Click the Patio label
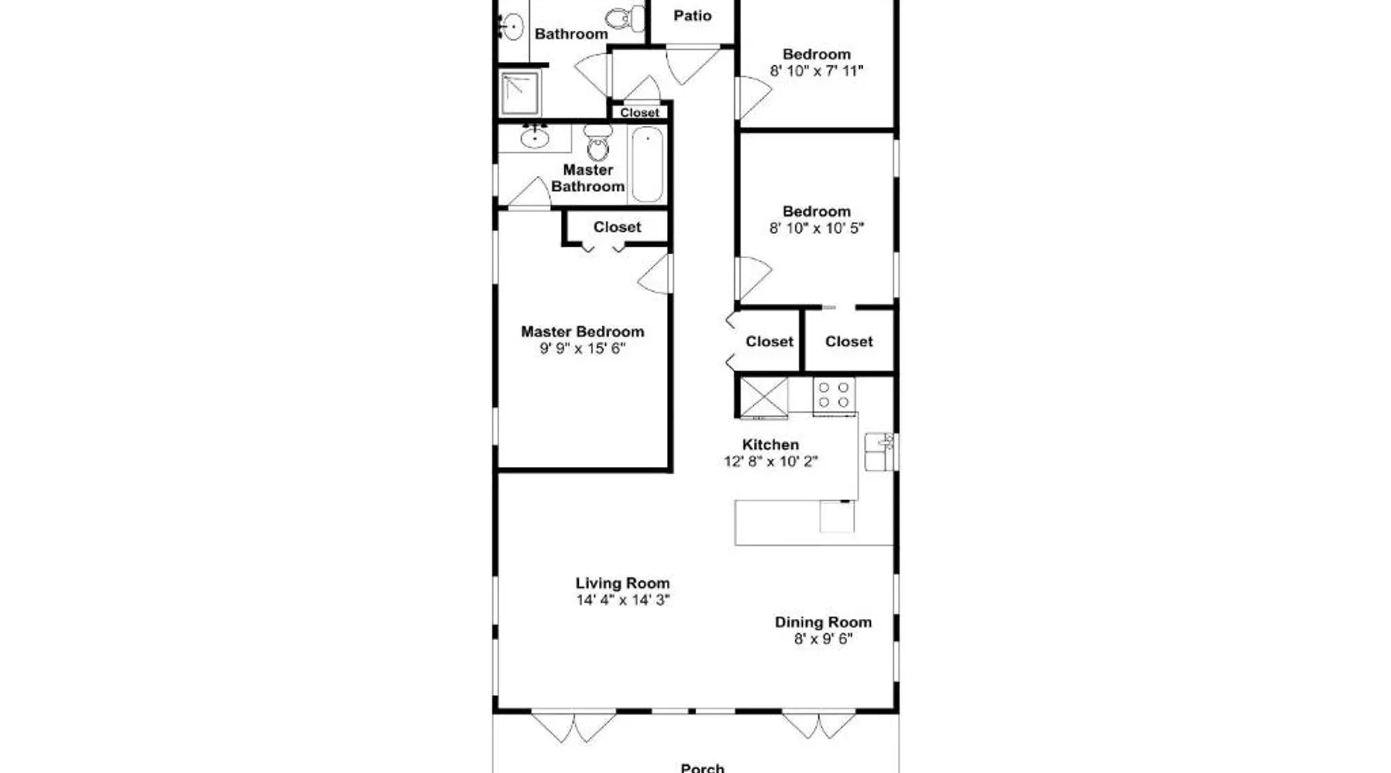point(692,15)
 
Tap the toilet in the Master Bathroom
point(597,141)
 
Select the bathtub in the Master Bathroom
point(648,165)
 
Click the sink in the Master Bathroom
point(534,138)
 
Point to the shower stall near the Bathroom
point(520,94)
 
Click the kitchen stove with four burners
point(834,395)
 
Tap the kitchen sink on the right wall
point(880,451)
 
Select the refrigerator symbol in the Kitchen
point(764,397)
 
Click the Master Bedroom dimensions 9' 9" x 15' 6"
point(583,349)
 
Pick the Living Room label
point(623,584)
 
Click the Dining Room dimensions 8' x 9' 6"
point(824,639)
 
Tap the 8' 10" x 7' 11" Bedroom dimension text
point(817,71)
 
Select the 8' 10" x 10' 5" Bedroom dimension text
point(817,228)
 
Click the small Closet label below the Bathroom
point(640,113)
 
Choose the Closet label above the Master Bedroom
point(617,227)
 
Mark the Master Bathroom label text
point(588,179)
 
